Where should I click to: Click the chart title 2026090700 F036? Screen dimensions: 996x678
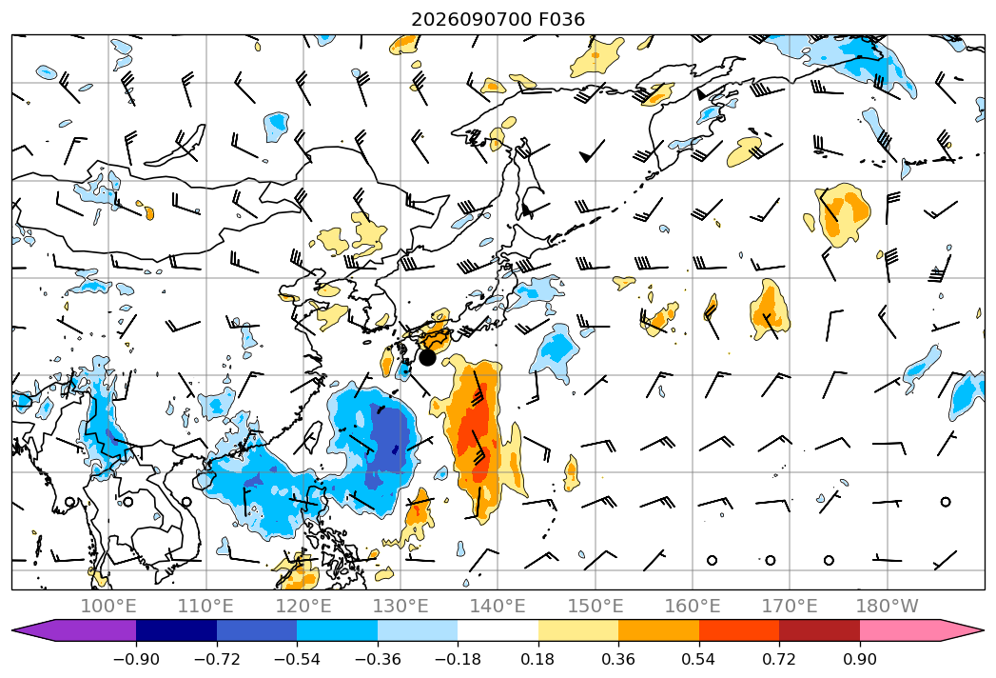[498, 19]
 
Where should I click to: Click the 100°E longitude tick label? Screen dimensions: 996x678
[108, 606]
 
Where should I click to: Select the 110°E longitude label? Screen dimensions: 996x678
[205, 606]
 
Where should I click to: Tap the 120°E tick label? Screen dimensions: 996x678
[303, 606]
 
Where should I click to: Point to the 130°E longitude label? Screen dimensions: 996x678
[400, 606]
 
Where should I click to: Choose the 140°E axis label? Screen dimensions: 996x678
[498, 606]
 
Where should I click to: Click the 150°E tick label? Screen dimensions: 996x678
[596, 606]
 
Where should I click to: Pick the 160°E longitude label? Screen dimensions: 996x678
[693, 606]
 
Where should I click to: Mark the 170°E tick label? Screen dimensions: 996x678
[790, 606]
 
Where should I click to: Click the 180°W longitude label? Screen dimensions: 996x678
[887, 606]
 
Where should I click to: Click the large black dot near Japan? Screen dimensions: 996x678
[427, 357]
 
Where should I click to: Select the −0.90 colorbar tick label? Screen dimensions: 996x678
[136, 659]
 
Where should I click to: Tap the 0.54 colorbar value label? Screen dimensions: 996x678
[699, 659]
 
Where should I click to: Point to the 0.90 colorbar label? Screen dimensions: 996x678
[859, 659]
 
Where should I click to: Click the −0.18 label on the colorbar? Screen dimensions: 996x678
[458, 659]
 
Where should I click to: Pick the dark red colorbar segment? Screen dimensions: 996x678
[819, 630]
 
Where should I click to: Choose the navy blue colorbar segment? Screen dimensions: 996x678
[176, 630]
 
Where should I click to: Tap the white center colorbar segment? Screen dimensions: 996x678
[498, 630]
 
